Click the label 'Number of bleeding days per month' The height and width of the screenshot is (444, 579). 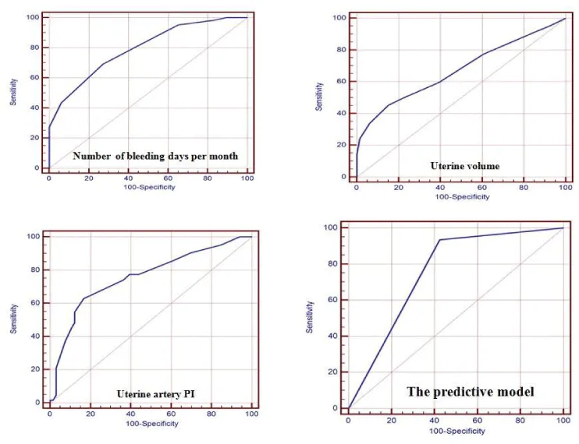coord(155,156)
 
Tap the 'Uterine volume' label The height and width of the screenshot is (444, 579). coord(464,166)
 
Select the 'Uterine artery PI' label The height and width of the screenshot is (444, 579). coord(155,394)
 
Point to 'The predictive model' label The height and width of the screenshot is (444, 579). coord(470,392)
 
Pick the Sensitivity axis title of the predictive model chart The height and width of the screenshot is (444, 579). coord(311,317)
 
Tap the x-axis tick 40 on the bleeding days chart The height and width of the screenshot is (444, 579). coord(128,179)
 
